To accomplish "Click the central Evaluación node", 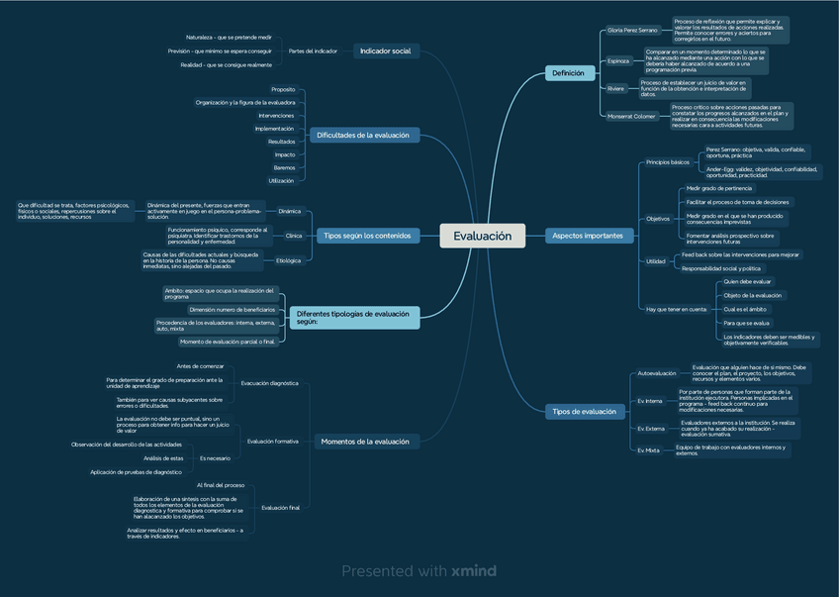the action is [482, 236].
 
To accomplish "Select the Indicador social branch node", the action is [385, 50].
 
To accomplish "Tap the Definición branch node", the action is [568, 72].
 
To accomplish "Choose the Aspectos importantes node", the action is [588, 236].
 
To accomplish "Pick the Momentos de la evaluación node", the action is [364, 441].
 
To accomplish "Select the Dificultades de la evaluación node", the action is [362, 135].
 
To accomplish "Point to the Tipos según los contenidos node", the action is [367, 236].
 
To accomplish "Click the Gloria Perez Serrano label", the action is [632, 31].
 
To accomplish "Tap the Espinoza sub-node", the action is [618, 60].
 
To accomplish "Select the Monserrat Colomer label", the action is [631, 116].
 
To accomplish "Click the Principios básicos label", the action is [667, 161].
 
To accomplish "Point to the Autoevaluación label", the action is [656, 373].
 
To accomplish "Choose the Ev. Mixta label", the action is [648, 449].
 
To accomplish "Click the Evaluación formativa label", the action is [273, 441].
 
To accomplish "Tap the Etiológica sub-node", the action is [288, 260].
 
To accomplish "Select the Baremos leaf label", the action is [284, 167].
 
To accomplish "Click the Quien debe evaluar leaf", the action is [747, 282].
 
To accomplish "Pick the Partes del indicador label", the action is [313, 50].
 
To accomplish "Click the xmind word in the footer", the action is [473, 571].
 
